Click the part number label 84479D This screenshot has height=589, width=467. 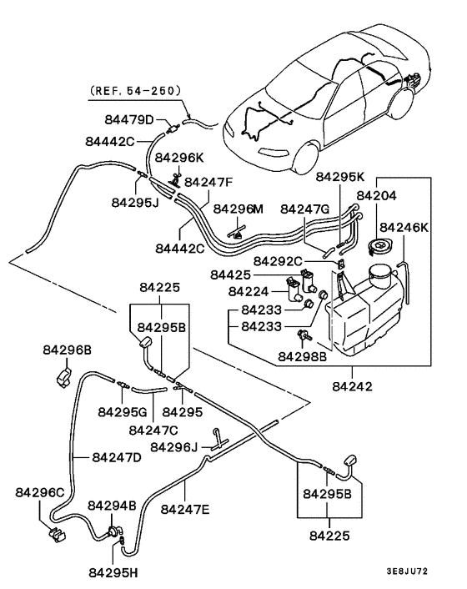click(127, 118)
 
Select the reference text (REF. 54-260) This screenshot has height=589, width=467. click(134, 90)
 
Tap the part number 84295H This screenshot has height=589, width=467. click(114, 572)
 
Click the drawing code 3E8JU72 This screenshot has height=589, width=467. click(430, 572)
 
